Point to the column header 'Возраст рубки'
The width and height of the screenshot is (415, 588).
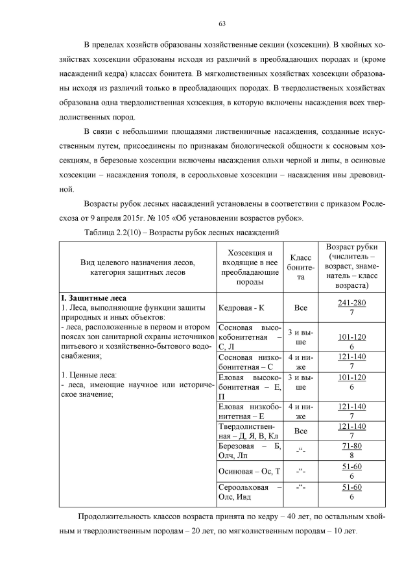[x=351, y=267]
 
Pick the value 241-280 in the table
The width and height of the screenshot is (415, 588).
[x=351, y=303]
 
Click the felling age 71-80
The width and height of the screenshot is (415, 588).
[x=351, y=447]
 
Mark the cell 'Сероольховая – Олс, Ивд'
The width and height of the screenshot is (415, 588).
[x=250, y=492]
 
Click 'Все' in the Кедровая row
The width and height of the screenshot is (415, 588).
[x=300, y=308]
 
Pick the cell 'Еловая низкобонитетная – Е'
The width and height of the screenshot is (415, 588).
[x=250, y=411]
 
